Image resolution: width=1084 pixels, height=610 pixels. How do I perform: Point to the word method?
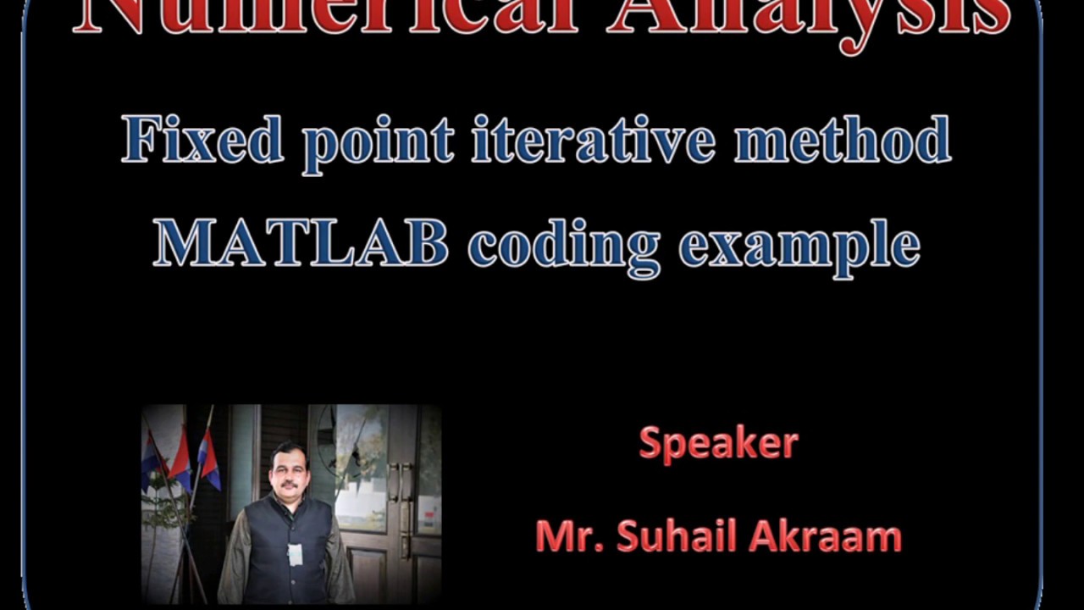click(x=842, y=141)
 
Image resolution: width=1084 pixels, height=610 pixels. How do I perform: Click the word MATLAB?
click(x=301, y=244)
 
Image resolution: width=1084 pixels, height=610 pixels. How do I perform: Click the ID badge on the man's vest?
click(x=295, y=554)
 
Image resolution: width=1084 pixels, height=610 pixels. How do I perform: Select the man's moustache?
click(x=288, y=485)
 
